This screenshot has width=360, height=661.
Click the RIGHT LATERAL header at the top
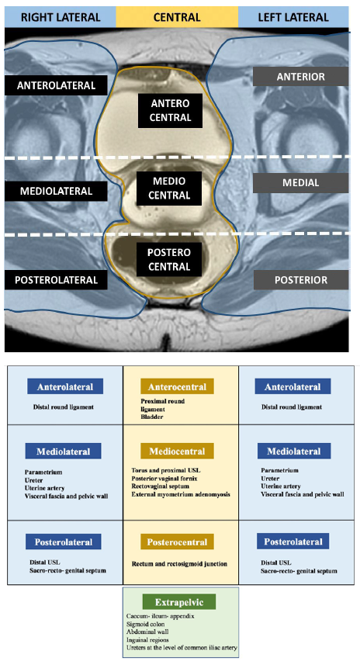point(61,17)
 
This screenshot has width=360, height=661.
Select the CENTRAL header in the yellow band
point(177,17)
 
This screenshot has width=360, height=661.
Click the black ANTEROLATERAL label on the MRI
point(56,85)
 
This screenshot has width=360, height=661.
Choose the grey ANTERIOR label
point(300,77)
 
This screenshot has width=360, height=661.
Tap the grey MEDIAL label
point(300,183)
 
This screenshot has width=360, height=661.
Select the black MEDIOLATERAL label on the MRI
point(56,191)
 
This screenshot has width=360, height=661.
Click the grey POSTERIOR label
point(300,280)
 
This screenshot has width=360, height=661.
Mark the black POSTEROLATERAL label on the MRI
point(56,279)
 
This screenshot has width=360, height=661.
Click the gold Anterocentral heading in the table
point(177,386)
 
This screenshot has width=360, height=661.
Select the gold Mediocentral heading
point(177,451)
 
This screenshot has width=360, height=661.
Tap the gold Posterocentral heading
point(177,542)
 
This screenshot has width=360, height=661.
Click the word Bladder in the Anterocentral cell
point(152,417)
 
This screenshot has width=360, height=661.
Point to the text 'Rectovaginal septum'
point(158,486)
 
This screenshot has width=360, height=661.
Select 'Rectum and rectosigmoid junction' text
point(179,563)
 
